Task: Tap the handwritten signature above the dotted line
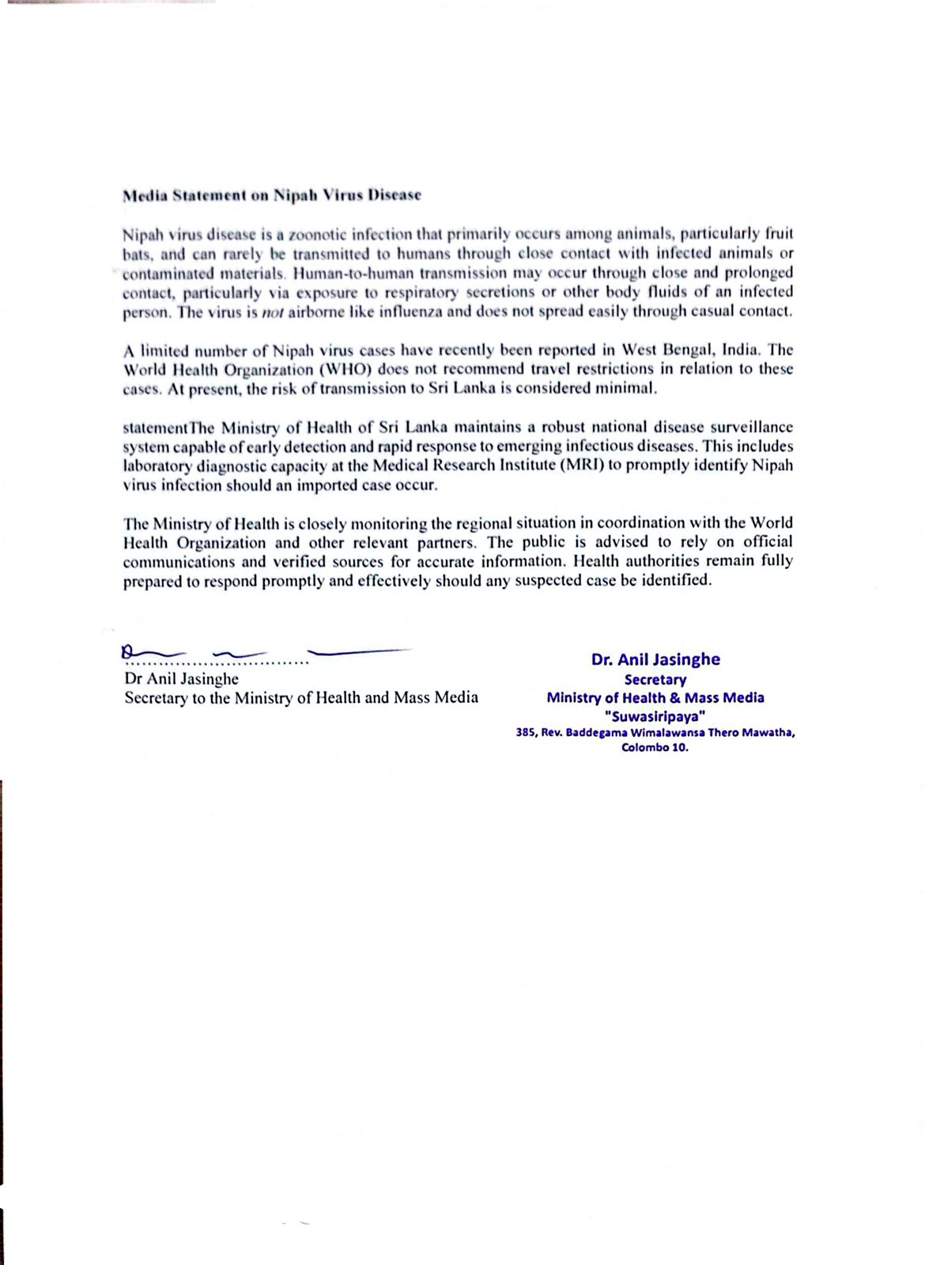(x=261, y=652)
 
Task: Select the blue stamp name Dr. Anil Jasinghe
(x=655, y=659)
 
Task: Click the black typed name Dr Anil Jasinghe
(x=181, y=678)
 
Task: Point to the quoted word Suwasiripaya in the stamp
(x=655, y=716)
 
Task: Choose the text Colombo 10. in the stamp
(x=655, y=747)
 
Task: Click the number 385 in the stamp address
(x=525, y=733)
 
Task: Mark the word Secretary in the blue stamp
(x=655, y=679)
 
